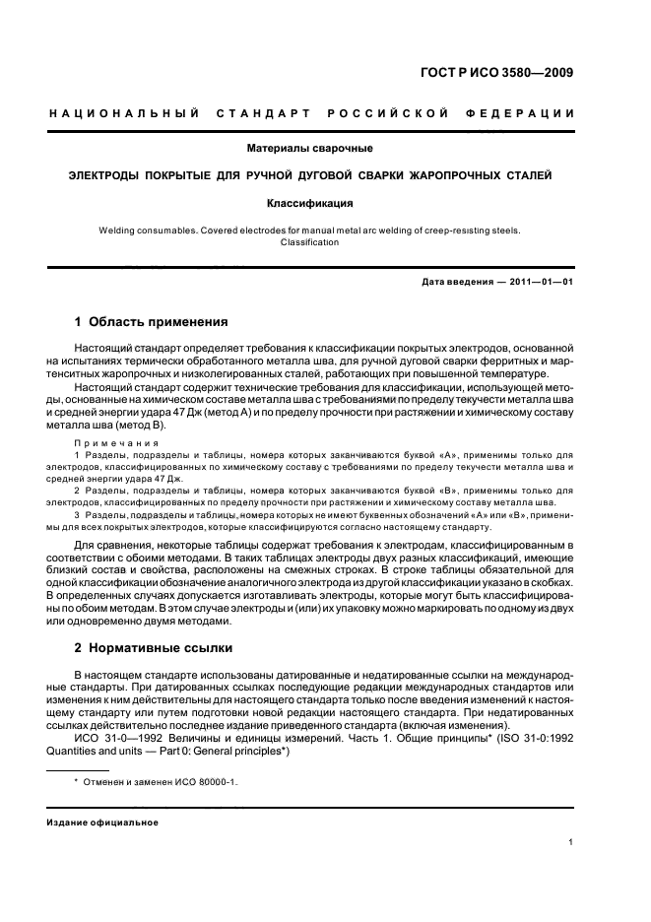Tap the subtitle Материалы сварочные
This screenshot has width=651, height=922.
[309, 149]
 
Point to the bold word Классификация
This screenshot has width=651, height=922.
[309, 204]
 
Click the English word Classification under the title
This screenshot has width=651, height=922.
[309, 242]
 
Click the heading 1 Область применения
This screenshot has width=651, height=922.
[152, 322]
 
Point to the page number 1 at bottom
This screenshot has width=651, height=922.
[571, 842]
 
